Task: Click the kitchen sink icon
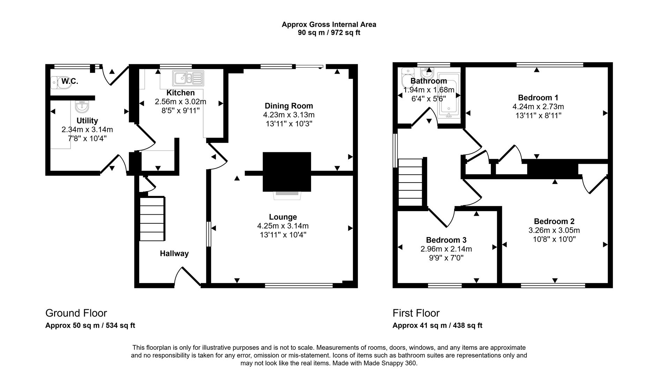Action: tap(188, 79)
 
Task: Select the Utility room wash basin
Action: tap(82, 106)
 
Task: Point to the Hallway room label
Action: tap(174, 254)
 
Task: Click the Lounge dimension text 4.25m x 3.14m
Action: tap(283, 226)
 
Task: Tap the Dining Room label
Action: tap(289, 106)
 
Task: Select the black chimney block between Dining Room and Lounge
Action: tap(287, 171)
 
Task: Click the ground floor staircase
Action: tap(152, 219)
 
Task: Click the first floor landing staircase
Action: tap(411, 182)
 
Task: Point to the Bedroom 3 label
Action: tap(446, 240)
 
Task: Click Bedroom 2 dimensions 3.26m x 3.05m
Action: tap(554, 230)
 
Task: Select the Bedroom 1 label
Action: tap(538, 98)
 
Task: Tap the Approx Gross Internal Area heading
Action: tap(329, 24)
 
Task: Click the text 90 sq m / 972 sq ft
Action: tap(329, 33)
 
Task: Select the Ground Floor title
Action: tap(76, 313)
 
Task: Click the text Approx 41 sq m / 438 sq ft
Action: tap(437, 326)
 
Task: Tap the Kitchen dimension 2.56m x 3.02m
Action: tap(180, 102)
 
